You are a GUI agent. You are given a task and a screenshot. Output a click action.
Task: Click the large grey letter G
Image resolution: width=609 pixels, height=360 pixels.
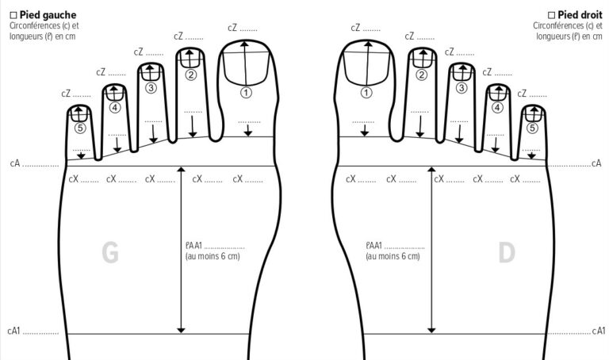click(110, 253)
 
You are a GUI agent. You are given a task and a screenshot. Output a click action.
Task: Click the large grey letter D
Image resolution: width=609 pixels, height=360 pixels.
click(507, 253)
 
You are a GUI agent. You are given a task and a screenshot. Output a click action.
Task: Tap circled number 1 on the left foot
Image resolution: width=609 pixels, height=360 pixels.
click(246, 92)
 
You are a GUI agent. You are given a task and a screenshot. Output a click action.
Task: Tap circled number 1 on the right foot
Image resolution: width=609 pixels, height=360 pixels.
click(366, 92)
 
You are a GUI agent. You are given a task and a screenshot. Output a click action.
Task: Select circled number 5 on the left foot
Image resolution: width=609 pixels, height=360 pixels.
click(79, 127)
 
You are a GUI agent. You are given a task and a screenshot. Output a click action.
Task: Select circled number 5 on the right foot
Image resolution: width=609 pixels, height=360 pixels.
click(533, 127)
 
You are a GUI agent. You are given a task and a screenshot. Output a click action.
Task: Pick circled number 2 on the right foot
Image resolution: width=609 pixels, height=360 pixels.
click(422, 75)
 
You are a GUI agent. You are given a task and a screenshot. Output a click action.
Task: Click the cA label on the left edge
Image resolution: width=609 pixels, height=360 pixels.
click(15, 164)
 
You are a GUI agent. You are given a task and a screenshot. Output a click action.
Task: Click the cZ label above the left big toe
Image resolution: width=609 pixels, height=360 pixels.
click(232, 28)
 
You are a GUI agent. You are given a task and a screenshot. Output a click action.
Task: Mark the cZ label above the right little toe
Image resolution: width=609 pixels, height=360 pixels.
click(523, 93)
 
